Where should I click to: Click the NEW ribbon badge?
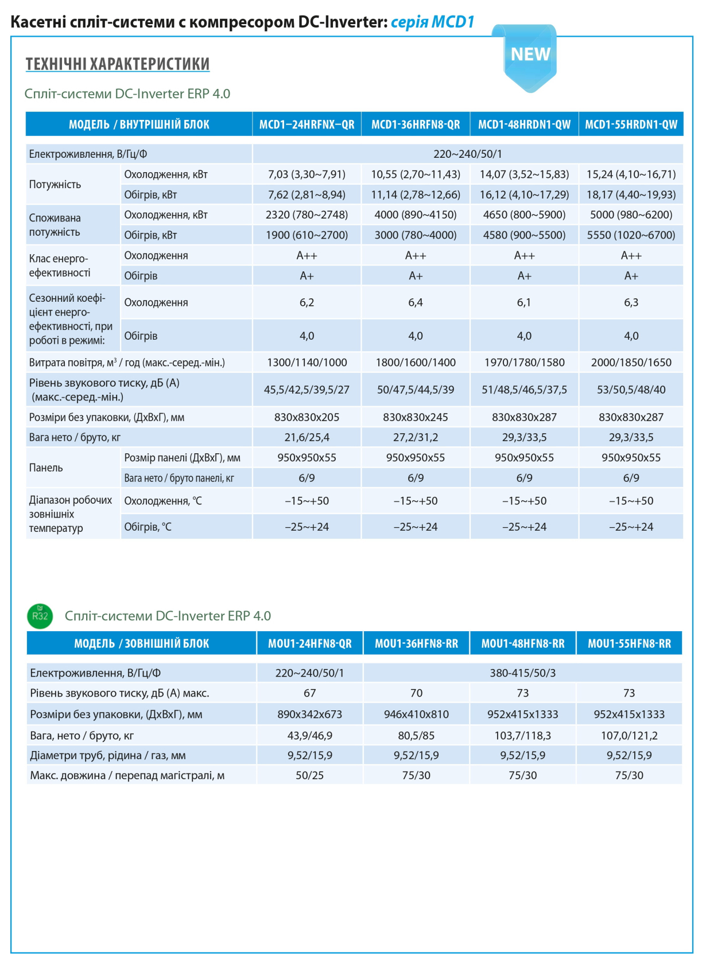(x=529, y=57)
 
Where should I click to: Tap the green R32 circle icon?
(x=40, y=616)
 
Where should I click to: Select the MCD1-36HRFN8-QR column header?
(x=416, y=125)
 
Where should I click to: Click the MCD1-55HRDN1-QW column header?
(x=631, y=125)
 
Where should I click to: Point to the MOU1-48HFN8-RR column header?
(x=523, y=643)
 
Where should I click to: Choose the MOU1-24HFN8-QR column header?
(x=310, y=643)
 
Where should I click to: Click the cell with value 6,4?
(x=416, y=302)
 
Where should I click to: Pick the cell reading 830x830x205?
(x=307, y=418)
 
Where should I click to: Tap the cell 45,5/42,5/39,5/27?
(x=307, y=390)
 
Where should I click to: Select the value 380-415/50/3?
(x=523, y=673)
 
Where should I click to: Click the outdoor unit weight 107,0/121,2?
(x=629, y=736)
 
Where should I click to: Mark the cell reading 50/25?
(x=310, y=775)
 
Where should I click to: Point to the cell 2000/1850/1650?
(x=631, y=363)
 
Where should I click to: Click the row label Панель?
(x=46, y=468)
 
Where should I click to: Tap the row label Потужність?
(x=55, y=185)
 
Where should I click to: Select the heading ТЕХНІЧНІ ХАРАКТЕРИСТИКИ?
(x=118, y=64)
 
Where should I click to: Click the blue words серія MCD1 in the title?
(x=432, y=22)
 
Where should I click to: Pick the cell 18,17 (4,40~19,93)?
(x=631, y=195)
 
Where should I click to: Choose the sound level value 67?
(x=310, y=693)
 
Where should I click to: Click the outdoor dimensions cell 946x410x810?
(x=416, y=714)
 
